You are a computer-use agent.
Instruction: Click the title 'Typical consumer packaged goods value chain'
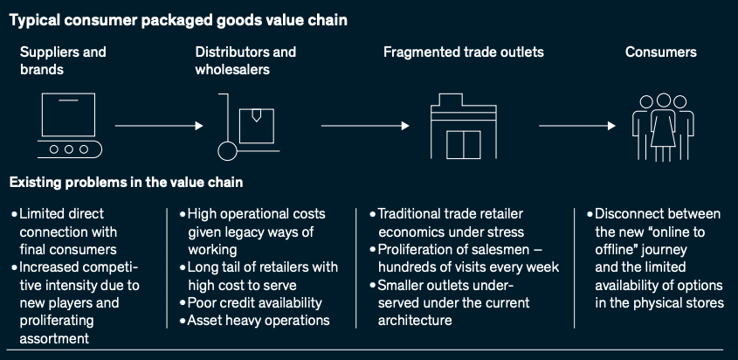pyautogui.click(x=178, y=20)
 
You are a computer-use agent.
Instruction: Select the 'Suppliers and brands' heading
pyautogui.click(x=63, y=60)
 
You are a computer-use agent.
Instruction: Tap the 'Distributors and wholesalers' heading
pyautogui.click(x=245, y=60)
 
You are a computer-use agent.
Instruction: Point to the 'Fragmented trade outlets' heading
pyautogui.click(x=463, y=52)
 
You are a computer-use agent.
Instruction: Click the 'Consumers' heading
pyautogui.click(x=660, y=52)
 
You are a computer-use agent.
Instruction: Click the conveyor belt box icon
pyautogui.click(x=71, y=126)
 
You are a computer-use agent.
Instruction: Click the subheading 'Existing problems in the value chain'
pyautogui.click(x=126, y=183)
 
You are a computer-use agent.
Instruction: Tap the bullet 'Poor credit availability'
pyautogui.click(x=254, y=302)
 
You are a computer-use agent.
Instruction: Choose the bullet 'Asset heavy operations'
pyautogui.click(x=258, y=320)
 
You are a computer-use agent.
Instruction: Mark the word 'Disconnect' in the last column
pyautogui.click(x=632, y=213)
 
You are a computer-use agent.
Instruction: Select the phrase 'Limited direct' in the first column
pyautogui.click(x=62, y=213)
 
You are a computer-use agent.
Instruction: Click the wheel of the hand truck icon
pyautogui.click(x=227, y=151)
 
